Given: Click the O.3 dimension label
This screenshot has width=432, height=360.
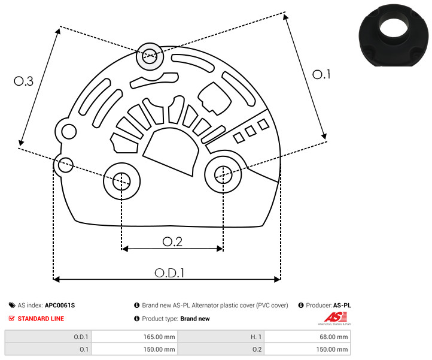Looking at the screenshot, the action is point(24,81).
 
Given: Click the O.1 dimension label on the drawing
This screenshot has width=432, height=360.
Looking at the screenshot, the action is point(321,74).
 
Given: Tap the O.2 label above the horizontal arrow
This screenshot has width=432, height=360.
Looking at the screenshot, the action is point(172,241).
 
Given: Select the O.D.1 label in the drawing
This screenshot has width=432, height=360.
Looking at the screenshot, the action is point(169,273).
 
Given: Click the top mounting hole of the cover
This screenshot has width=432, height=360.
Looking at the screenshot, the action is point(150,56).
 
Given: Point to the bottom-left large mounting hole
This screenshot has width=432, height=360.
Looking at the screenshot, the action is point(121,181).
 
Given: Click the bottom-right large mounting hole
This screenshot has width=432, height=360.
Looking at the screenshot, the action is point(223,174).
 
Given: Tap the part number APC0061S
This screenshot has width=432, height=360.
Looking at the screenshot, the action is point(60,305).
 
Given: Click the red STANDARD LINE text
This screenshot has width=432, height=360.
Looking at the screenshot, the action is point(41,319).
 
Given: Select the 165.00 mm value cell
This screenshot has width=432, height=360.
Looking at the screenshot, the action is point(134,337).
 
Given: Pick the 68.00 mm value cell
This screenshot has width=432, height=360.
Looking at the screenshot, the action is point(307,337).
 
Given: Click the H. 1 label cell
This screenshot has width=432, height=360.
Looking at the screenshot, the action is point(221,337).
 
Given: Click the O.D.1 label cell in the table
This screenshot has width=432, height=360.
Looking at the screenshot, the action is point(48,337).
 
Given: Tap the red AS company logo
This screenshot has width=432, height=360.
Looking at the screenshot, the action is point(335,317).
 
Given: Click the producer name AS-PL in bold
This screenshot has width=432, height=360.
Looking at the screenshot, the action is point(342,305).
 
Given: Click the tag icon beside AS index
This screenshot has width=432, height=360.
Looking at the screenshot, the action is point(12,305).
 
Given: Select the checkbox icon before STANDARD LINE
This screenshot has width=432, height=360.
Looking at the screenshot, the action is point(11,319).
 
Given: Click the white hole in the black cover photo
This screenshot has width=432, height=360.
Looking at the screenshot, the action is point(394,28).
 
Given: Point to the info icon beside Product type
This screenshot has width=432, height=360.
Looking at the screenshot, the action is point(136,319).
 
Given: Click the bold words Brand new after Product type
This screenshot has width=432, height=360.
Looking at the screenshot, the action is point(195,319).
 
